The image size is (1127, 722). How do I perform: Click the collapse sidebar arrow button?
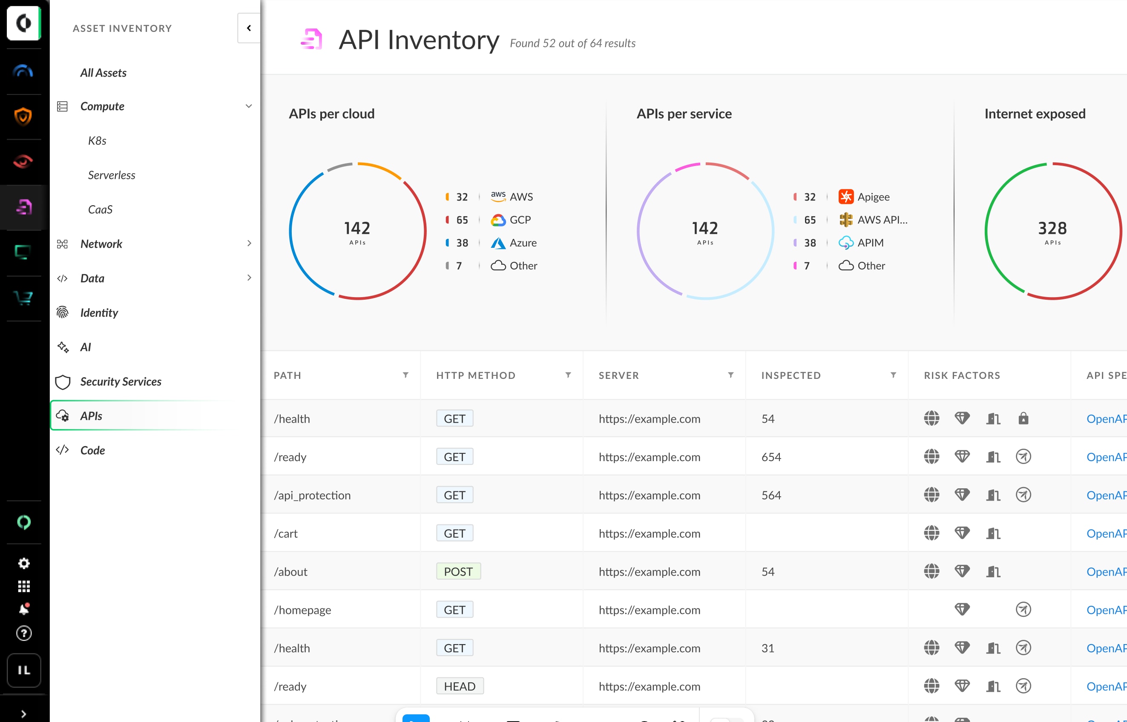coord(249,28)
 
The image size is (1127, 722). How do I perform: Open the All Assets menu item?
coord(103,73)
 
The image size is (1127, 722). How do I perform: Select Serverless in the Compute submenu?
coord(112,175)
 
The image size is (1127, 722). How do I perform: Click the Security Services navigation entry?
coord(121,381)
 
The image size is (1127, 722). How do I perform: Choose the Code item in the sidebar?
coord(92,450)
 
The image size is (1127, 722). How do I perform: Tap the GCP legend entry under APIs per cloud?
coord(520,220)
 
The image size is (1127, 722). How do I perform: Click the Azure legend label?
coord(523,243)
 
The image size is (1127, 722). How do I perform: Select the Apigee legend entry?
coord(873,197)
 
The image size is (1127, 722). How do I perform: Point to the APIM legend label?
coord(870,243)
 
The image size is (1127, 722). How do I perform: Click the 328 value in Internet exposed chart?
coord(1052,228)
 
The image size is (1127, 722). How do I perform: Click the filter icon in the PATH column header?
coord(405,375)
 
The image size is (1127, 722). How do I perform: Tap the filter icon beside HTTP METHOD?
coord(568,375)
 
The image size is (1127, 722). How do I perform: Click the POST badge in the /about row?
coord(458,571)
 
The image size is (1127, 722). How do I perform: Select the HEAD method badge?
coord(460,686)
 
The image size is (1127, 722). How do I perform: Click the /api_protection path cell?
coord(312,495)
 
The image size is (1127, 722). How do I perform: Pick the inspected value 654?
coord(771,457)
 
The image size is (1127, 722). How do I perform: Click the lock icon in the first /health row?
coord(1023,418)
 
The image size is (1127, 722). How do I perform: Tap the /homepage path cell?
coord(302,610)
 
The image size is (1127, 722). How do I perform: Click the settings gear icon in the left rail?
coord(24,563)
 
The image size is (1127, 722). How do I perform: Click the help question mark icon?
coord(24,633)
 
